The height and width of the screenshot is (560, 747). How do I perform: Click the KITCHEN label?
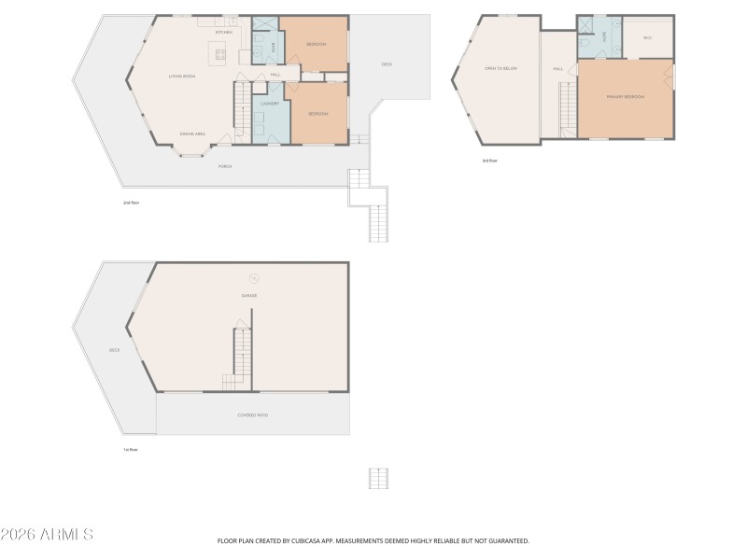pos(224,33)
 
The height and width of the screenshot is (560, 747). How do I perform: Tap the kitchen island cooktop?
pos(221,54)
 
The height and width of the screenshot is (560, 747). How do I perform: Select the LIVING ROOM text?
pos(181,76)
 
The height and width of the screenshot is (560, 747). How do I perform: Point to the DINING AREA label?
pos(192,134)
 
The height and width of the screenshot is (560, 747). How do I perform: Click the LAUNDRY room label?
pos(270,105)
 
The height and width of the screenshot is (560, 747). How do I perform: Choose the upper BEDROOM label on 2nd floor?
pos(317,44)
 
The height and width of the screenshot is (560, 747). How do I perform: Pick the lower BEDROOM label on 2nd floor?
pos(318,113)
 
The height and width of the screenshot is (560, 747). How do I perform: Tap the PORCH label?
pos(224,166)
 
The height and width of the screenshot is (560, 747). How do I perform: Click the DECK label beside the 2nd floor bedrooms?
pos(387,63)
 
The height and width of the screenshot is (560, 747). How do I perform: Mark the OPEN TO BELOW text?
pos(500,68)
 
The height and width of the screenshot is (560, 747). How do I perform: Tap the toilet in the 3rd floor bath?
pos(583,43)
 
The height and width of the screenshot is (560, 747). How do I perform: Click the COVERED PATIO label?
pos(253,414)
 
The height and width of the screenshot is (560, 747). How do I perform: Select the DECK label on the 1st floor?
pos(114,350)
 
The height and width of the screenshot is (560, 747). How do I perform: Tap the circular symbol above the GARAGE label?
pos(253,276)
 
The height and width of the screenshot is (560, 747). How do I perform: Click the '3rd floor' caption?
pos(489,161)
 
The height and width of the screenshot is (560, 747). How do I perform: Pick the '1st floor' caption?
pos(131,449)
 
